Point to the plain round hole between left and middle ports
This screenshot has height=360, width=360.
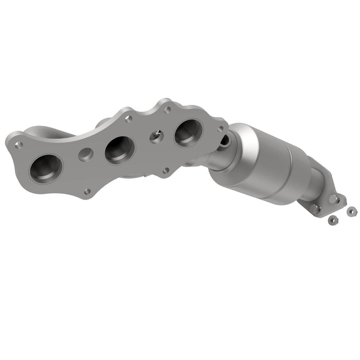coord(86,154)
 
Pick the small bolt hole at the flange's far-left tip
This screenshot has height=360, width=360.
coord(19,145)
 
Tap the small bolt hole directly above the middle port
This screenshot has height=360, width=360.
coord(128,119)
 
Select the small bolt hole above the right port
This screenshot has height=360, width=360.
coord(167,110)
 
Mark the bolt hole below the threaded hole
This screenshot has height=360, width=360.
coord(165,171)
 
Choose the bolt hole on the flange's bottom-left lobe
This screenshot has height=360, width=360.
coord(87,191)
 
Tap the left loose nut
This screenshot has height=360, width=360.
coord(333,220)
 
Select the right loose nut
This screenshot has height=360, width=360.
coord(351,211)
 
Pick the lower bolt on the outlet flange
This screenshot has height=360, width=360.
coord(315,208)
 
